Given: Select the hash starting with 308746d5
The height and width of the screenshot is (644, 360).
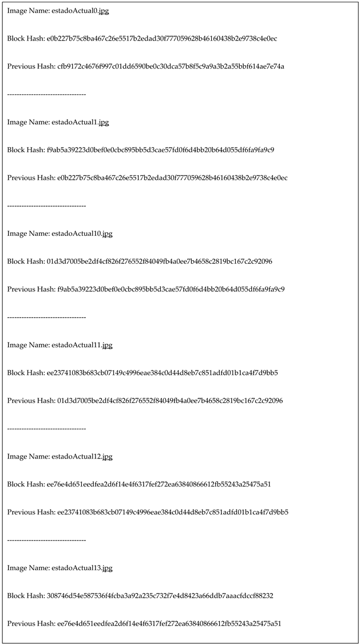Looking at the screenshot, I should tap(160, 596).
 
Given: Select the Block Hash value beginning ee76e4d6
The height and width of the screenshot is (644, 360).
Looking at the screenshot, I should tap(159, 484).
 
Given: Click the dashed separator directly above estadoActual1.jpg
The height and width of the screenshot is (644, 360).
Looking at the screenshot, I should tap(46, 94).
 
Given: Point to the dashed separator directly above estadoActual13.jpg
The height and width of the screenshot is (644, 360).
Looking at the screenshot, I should tap(46, 540).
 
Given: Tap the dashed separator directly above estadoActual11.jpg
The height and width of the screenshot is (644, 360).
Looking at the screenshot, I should tap(46, 317).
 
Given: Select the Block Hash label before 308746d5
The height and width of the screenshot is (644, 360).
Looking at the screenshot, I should tap(25, 596).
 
